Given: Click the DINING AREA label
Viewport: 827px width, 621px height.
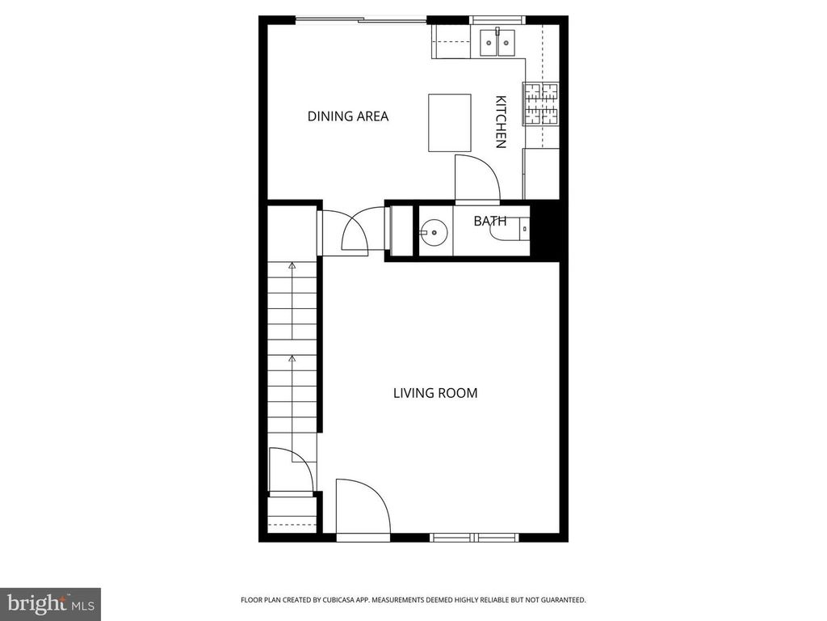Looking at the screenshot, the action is tap(347, 116).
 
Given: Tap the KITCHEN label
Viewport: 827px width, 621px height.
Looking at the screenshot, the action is tap(501, 122).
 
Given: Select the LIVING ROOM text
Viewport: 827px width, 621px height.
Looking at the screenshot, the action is tap(435, 393).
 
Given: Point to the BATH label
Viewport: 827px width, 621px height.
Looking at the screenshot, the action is tap(490, 221).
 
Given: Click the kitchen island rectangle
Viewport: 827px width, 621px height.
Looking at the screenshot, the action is tap(449, 123).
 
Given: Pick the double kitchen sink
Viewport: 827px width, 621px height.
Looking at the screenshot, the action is tap(497, 42).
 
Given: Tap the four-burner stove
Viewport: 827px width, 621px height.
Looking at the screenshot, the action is tap(540, 104).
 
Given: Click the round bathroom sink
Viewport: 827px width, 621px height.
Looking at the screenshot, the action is tap(434, 231).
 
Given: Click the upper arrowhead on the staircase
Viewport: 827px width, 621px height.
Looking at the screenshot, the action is tap(292, 265).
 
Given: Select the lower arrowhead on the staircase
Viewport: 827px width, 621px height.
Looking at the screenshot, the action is tap(292, 359).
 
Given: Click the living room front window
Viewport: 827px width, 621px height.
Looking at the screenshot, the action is tap(475, 538).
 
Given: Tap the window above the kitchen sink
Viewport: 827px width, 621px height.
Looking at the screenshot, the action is tap(497, 20).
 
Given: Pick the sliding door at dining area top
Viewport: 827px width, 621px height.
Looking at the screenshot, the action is tap(361, 20).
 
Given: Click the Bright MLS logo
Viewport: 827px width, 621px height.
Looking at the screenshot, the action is tap(50, 604).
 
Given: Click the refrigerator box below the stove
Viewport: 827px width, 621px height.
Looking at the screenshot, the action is tap(540, 174).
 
